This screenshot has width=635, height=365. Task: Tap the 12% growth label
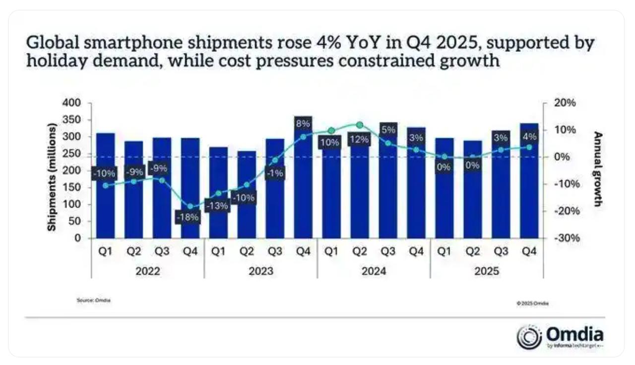coord(359,140)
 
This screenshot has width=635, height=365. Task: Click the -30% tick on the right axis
coord(564,238)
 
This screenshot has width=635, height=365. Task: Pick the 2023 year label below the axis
coord(260,271)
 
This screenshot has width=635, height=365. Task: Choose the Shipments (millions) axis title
coord(52,177)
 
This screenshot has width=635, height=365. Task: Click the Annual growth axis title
coord(598,169)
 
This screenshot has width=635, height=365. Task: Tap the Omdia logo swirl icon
coord(529,337)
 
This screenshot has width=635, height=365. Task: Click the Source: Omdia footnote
coord(93,301)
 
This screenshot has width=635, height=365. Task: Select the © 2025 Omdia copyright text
coord(532,303)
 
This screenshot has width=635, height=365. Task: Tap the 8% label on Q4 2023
coord(303,123)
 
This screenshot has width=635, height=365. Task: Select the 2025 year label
coord(487,271)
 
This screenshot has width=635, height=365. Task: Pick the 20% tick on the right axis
coord(565,103)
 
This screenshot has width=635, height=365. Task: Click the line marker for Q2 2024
coord(360,125)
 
